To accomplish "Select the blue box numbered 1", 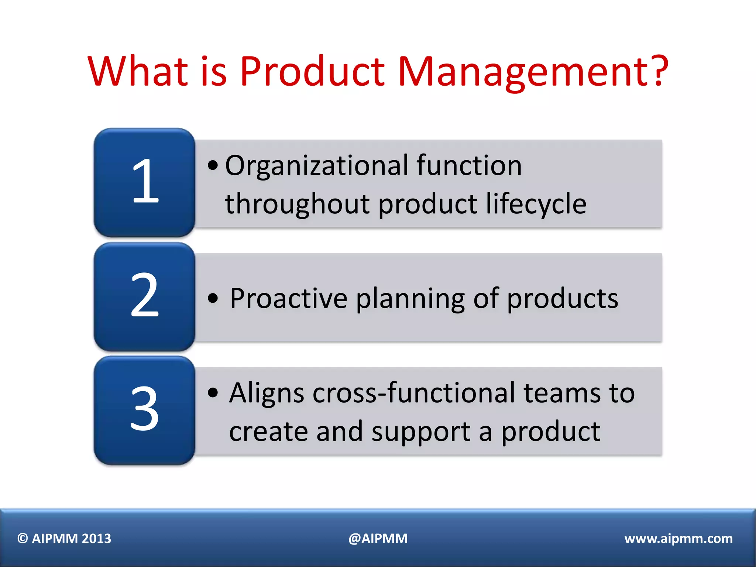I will point(145,182).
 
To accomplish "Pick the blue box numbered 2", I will point(145,296).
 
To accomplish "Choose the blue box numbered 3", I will point(145,410).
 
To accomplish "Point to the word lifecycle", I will point(536,204).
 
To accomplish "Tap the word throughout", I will point(297,204).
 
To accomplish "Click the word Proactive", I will point(288,298).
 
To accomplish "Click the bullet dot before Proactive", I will point(213,298).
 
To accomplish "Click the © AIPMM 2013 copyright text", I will point(64,539).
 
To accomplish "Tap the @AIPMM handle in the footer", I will point(378,539).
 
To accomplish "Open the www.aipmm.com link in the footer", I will point(678,539).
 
